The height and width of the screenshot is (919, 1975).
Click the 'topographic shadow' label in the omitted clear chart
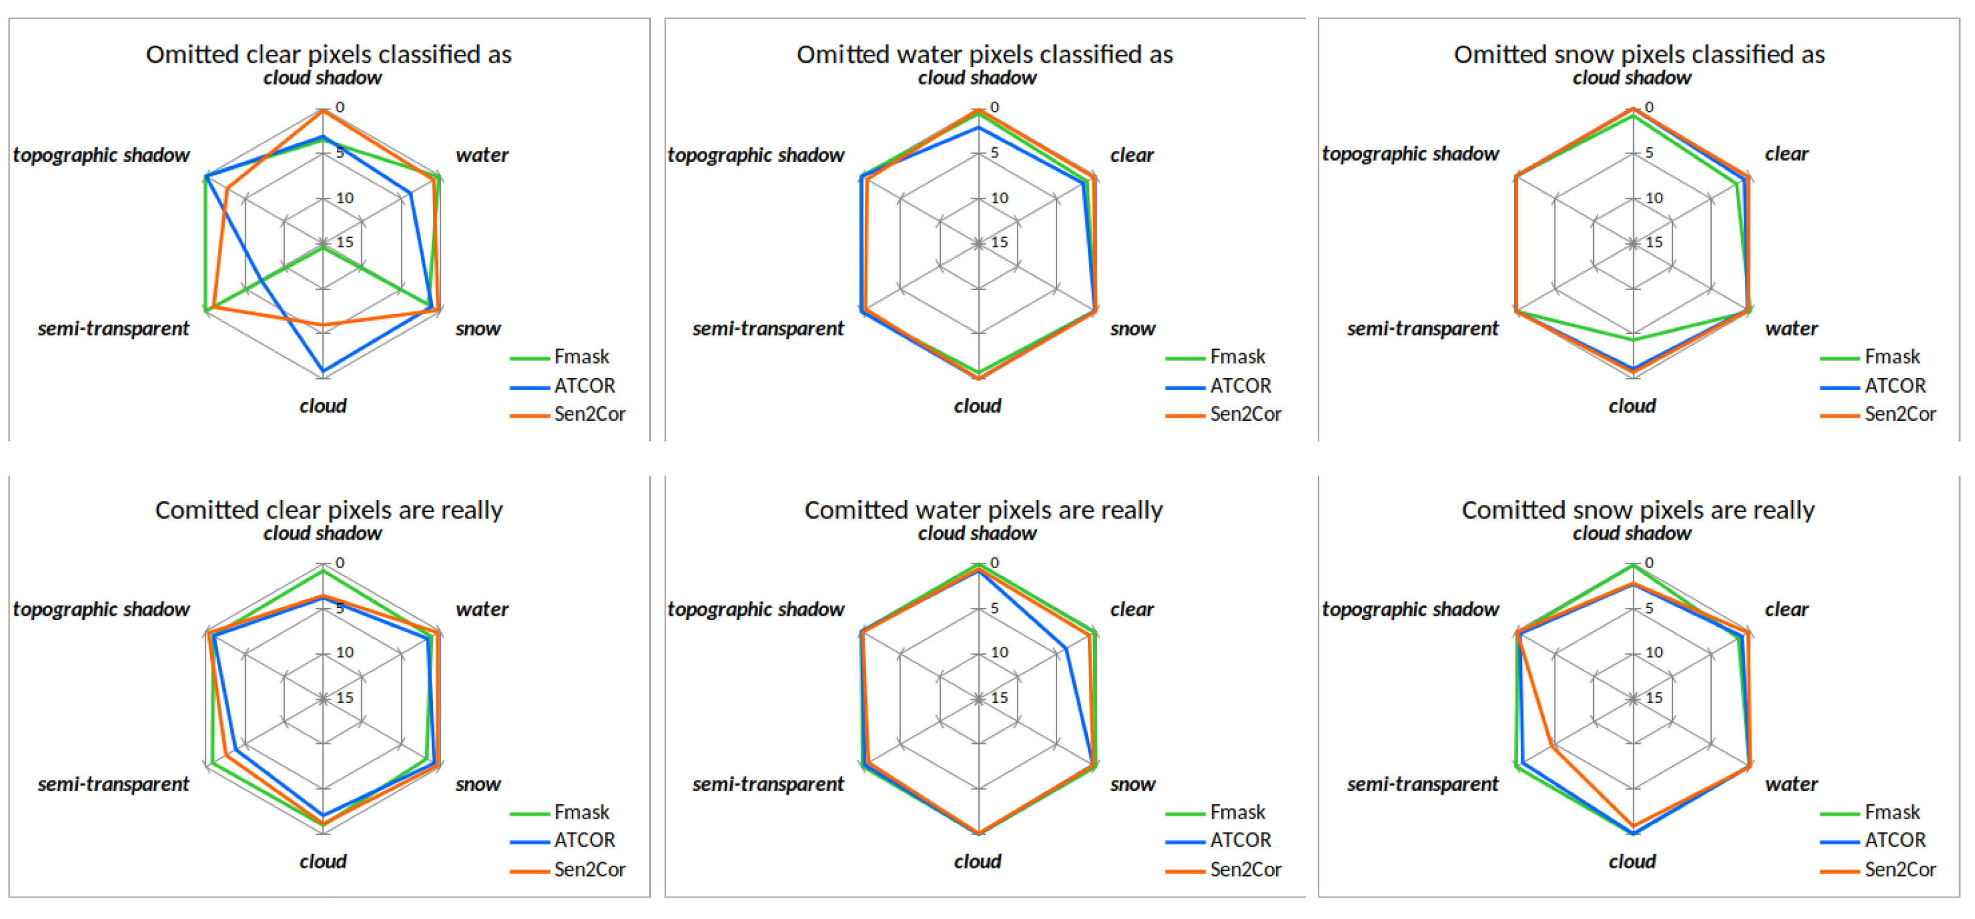point(101,155)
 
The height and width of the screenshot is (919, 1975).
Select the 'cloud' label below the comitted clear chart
point(323,862)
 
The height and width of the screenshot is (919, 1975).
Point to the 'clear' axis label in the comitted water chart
point(1132,609)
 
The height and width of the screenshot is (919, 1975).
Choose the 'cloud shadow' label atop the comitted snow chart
point(1631,533)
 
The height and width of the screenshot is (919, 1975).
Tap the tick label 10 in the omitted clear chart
point(345,198)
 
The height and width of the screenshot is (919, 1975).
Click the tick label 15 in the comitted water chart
point(999,697)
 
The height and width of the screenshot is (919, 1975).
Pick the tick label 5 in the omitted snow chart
point(1649,153)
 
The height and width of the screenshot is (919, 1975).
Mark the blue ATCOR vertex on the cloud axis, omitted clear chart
point(323,372)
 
